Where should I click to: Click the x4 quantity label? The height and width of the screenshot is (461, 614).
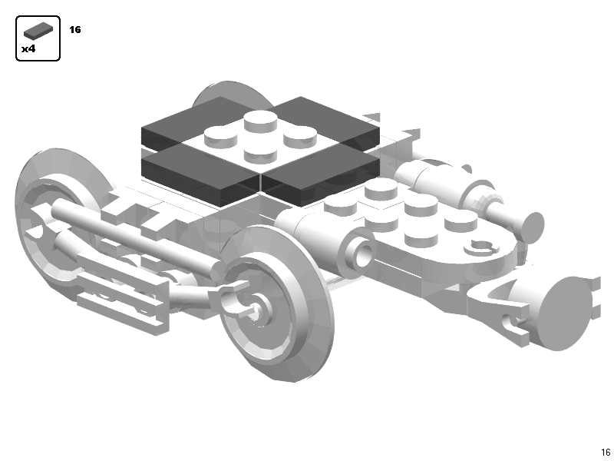point(28,48)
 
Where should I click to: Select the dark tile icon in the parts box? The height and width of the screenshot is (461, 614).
point(38,32)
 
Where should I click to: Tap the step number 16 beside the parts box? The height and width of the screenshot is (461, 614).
point(74,30)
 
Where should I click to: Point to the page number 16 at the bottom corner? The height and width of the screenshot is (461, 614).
point(606,452)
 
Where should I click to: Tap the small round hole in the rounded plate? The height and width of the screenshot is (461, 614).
point(482,247)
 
